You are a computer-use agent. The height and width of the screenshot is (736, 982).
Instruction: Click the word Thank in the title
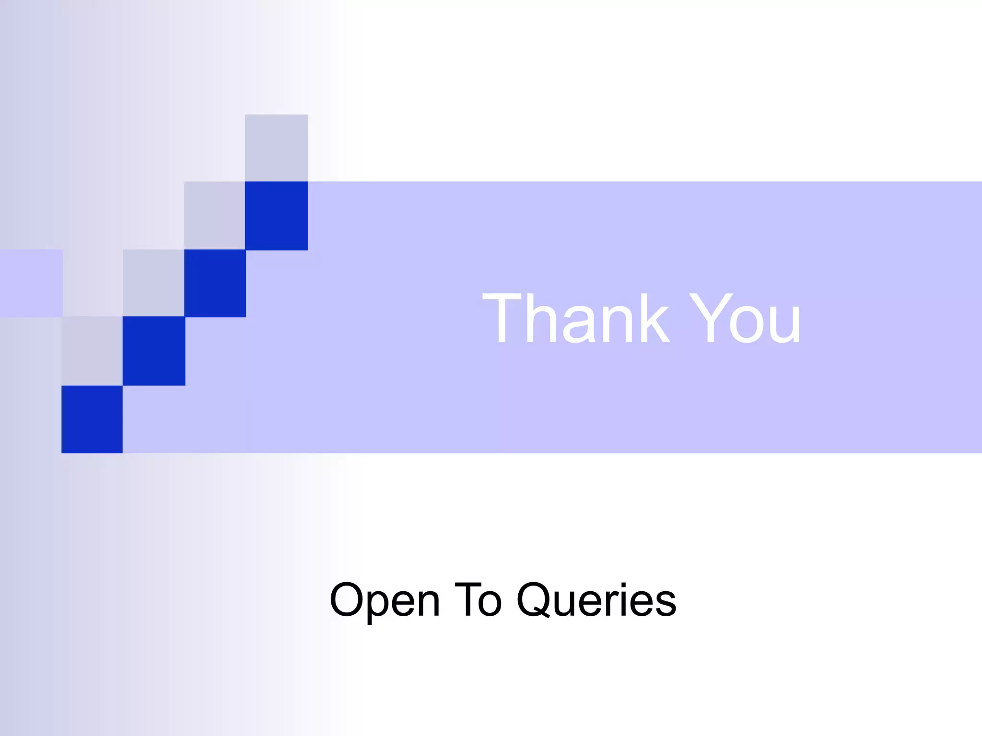coord(575,318)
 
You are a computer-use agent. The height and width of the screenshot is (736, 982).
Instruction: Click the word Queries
coord(596,600)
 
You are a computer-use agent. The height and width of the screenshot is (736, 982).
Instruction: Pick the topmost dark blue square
coord(276,216)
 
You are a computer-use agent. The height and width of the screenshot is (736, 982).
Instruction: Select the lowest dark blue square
coord(92,419)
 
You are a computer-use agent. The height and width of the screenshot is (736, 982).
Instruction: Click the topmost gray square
coord(276,148)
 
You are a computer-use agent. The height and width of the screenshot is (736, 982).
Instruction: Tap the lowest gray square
coord(92,351)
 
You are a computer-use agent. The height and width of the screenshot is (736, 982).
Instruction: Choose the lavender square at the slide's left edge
coord(31,283)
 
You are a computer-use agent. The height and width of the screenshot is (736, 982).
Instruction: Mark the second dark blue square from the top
coord(215,283)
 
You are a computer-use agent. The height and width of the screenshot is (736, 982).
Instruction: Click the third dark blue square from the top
coord(153,351)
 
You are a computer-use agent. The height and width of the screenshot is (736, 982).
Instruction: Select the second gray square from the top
coord(214,216)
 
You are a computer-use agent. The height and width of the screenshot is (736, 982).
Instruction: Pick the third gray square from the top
coord(153,283)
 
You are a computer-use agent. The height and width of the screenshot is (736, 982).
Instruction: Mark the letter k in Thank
coord(652,318)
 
